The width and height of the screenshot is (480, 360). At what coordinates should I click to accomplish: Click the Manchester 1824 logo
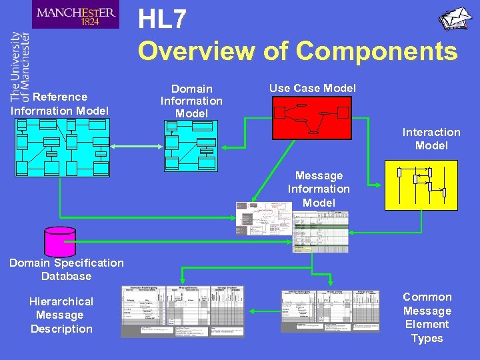point(75,15)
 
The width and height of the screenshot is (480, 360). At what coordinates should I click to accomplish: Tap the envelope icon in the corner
point(455,19)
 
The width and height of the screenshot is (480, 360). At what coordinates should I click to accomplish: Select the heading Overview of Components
point(297,51)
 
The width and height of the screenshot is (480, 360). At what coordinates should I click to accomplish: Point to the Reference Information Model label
point(60,103)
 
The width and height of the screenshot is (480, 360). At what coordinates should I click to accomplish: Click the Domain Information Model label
point(191,101)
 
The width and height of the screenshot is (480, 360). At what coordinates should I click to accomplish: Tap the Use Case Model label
point(313,88)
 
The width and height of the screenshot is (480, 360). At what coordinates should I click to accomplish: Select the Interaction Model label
point(431,139)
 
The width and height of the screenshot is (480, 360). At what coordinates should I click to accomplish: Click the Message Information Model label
point(319,189)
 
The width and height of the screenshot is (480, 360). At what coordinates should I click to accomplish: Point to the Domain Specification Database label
point(66,269)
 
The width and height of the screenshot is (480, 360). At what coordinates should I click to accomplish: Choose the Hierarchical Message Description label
point(61,315)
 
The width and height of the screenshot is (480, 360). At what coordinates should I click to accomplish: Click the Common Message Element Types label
point(427,317)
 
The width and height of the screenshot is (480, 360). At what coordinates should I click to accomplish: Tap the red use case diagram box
point(311,118)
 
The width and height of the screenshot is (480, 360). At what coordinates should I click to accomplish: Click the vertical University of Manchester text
point(21,66)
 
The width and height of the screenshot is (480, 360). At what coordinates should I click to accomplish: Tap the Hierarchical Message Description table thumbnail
point(182,311)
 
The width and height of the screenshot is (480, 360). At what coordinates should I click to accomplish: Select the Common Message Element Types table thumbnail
point(330,311)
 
